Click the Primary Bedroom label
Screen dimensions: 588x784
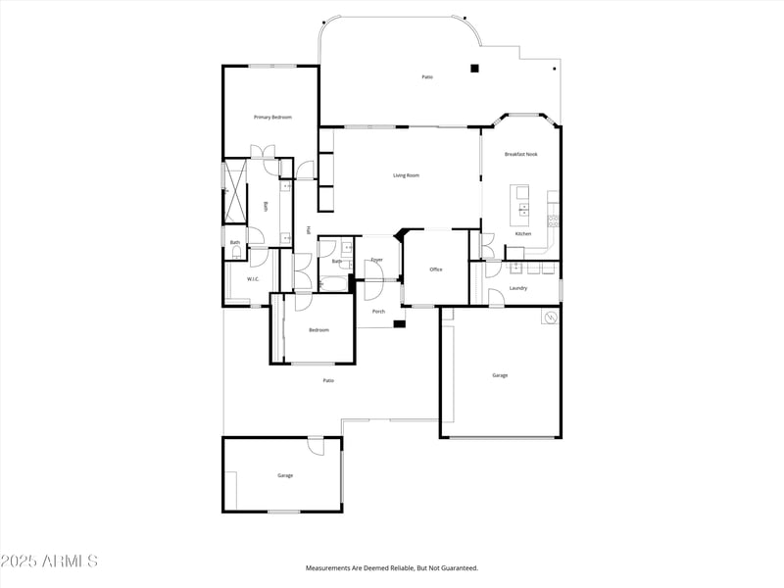click(272, 118)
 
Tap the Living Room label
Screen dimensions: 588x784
click(406, 175)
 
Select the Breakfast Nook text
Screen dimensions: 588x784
click(520, 154)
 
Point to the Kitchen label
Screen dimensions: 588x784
click(523, 233)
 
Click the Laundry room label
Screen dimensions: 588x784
click(518, 288)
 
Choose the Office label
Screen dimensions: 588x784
click(436, 269)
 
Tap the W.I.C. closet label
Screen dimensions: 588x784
click(252, 279)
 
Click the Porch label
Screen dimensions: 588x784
click(378, 312)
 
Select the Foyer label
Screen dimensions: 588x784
click(376, 260)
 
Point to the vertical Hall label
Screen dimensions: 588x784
click(309, 230)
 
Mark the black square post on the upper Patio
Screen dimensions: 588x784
click(474, 69)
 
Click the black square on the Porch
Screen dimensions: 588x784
click(399, 324)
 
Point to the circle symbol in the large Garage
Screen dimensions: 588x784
click(550, 318)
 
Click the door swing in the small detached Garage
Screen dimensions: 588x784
click(316, 446)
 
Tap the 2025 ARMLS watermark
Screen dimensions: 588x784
click(49, 562)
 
